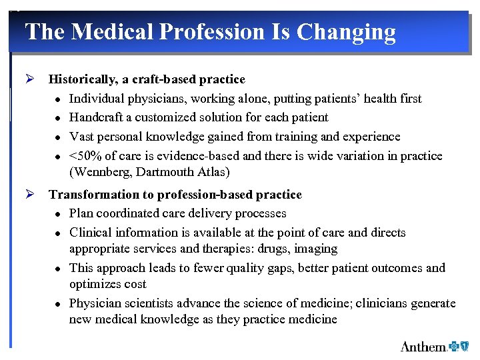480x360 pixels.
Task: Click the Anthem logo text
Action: pyautogui.click(x=423, y=346)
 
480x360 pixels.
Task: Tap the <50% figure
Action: pyautogui.click(x=83, y=156)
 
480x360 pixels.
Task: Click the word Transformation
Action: pyautogui.click(x=90, y=195)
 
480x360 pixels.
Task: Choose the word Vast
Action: pyautogui.click(x=81, y=137)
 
